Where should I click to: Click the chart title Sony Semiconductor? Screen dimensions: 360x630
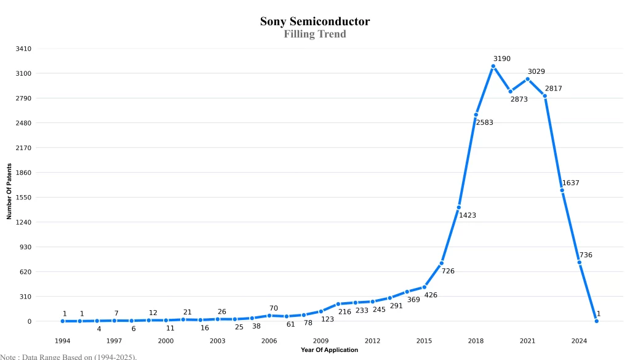[314, 22]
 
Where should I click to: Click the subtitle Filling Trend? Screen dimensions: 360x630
[314, 34]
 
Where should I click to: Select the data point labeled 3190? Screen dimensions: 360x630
[493, 66]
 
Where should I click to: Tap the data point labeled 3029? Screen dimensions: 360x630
[528, 79]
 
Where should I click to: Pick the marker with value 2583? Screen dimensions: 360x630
[476, 114]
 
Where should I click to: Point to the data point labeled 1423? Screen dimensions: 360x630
[459, 207]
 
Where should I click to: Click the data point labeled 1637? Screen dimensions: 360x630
[562, 190]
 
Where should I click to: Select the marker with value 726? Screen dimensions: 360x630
[442, 263]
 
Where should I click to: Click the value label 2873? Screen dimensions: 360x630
[519, 99]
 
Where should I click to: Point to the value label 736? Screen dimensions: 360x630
[586, 255]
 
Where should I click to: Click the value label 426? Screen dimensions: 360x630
[431, 295]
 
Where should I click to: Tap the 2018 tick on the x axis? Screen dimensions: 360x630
[476, 341]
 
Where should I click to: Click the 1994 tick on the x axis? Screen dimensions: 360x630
[62, 341]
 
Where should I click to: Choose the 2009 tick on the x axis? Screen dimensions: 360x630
[321, 341]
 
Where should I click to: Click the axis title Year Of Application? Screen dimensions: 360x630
[329, 350]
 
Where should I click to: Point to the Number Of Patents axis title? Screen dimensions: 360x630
[9, 191]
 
